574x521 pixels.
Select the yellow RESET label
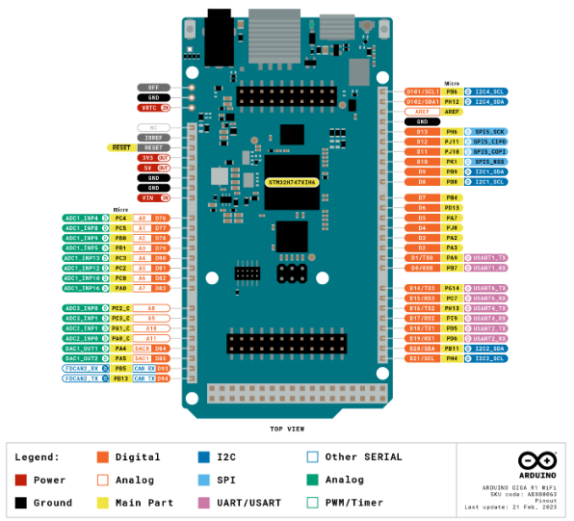120,147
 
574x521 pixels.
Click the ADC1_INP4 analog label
82,218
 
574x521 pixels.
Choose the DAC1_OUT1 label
82,348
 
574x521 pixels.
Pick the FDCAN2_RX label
82,368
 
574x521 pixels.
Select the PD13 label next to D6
452,207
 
